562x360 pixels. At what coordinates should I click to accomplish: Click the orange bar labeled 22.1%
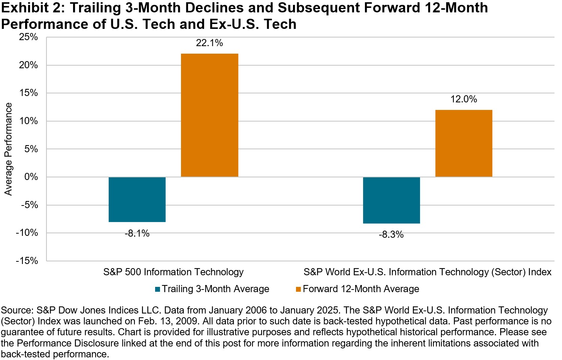pyautogui.click(x=209, y=115)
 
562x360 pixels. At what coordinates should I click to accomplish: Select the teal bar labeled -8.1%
pyautogui.click(x=137, y=199)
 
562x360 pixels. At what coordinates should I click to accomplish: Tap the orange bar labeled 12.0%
pyautogui.click(x=463, y=143)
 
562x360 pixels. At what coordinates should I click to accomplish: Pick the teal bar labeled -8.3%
pyautogui.click(x=392, y=200)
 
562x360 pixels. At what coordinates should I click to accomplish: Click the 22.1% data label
pyautogui.click(x=209, y=43)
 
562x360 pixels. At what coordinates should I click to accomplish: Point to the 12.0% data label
pyautogui.click(x=463, y=99)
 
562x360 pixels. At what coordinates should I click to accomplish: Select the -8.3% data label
pyautogui.click(x=391, y=235)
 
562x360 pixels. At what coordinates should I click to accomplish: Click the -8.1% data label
pyautogui.click(x=137, y=234)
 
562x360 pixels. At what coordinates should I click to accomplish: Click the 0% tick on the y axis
pyautogui.click(x=31, y=177)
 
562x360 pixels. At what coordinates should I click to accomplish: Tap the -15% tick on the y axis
pyautogui.click(x=27, y=261)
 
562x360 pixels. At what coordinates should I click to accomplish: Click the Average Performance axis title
pyautogui.click(x=8, y=149)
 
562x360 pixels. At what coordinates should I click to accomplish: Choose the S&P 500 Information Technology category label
pyautogui.click(x=173, y=272)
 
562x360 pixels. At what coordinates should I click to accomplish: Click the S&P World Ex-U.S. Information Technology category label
pyautogui.click(x=427, y=272)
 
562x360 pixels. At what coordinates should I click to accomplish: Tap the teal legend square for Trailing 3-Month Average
pyautogui.click(x=158, y=289)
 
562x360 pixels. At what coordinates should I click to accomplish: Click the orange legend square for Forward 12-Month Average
pyautogui.click(x=299, y=289)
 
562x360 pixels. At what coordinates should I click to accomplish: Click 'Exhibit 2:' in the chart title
pyautogui.click(x=33, y=8)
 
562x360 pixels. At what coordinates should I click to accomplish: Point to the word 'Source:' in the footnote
pyautogui.click(x=17, y=310)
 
